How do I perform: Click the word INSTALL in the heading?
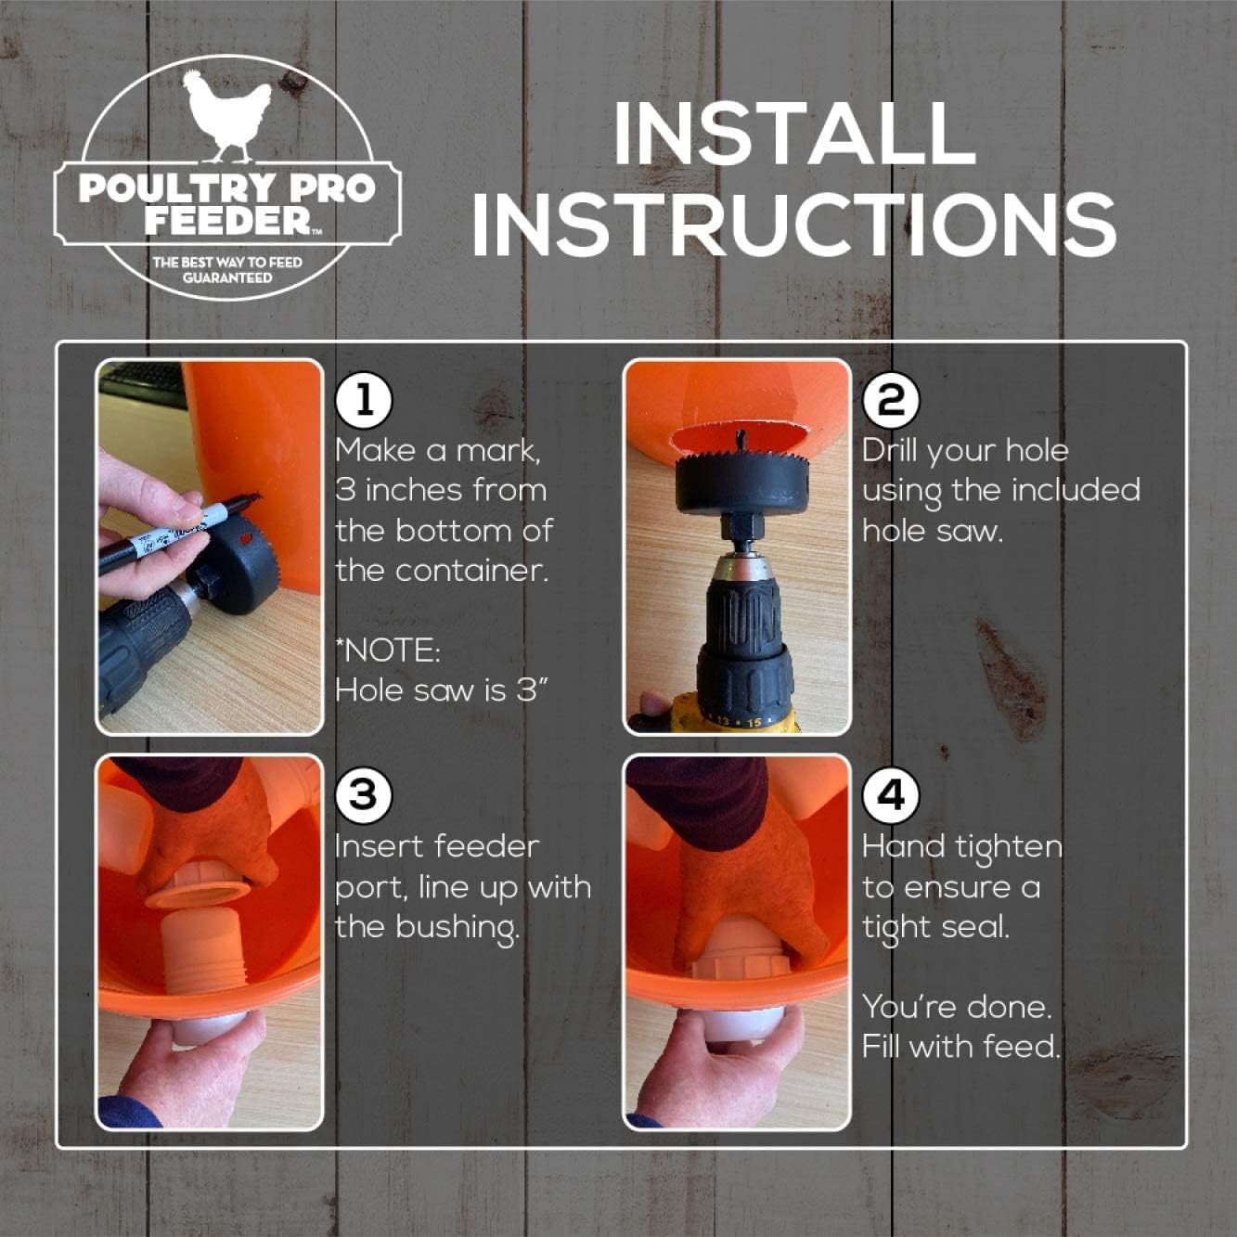pyautogui.click(x=793, y=134)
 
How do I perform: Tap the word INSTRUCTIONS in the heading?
pyautogui.click(x=794, y=225)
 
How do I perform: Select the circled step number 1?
pyautogui.click(x=364, y=400)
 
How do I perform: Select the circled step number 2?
pyautogui.click(x=891, y=400)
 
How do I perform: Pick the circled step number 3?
pyautogui.click(x=364, y=794)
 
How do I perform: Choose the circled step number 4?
pyautogui.click(x=891, y=794)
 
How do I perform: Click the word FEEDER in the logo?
pyautogui.click(x=227, y=221)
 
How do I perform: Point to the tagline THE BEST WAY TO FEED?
pyautogui.click(x=227, y=262)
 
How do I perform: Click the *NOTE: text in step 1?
pyautogui.click(x=388, y=650)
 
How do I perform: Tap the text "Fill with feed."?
pyautogui.click(x=960, y=1047)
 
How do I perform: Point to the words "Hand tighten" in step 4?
pyautogui.click(x=961, y=846)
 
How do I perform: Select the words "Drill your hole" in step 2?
pyautogui.click(x=965, y=450)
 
